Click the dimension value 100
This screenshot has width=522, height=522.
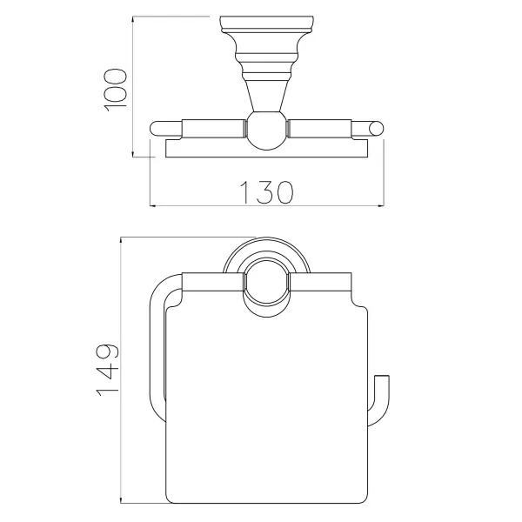116,90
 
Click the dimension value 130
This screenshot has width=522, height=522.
266,192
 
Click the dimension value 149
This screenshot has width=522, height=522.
108,370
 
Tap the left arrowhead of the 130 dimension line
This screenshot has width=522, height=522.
153,206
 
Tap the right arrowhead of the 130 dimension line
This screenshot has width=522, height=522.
381,206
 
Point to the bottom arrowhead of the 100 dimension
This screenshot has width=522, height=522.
133,154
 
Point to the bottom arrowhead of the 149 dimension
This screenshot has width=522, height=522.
121,499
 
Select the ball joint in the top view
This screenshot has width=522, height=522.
266,130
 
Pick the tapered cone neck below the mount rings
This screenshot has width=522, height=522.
266,96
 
